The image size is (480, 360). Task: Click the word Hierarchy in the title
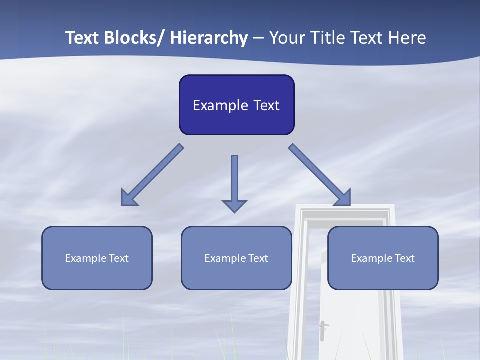209,38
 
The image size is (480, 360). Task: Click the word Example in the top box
220,105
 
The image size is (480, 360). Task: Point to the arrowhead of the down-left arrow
129,197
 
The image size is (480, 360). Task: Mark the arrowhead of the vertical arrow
234,206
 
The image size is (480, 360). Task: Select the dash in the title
258,38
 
